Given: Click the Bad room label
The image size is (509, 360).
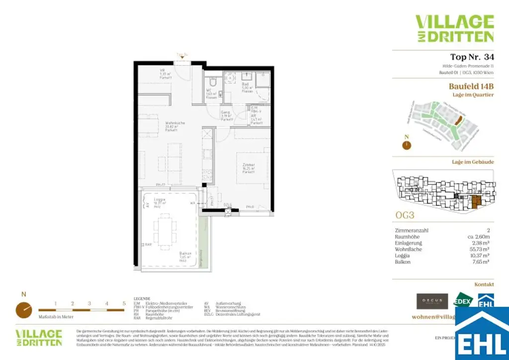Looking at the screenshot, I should [x=246, y=85].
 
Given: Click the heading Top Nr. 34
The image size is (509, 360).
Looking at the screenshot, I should [x=472, y=57].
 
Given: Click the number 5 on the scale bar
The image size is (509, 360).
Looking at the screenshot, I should [x=124, y=303].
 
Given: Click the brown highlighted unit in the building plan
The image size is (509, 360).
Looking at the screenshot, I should [x=476, y=201].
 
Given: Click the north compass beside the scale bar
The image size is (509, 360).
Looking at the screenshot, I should [x=22, y=310].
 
